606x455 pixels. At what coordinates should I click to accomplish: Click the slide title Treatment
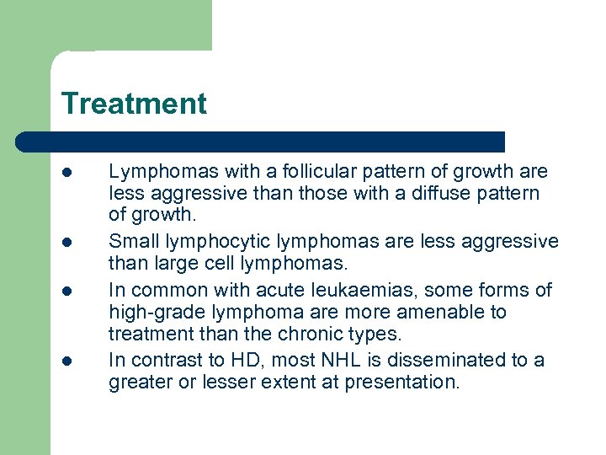(x=133, y=104)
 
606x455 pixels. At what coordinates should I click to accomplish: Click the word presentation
(x=402, y=383)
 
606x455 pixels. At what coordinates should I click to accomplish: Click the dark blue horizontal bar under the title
(x=261, y=141)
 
